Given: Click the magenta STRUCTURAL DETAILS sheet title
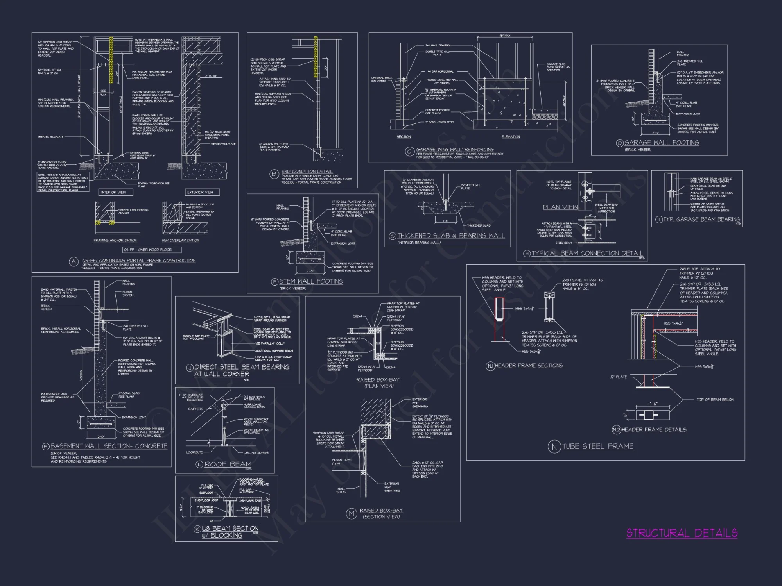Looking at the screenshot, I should pyautogui.click(x=682, y=533).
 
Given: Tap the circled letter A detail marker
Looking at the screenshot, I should pyautogui.click(x=74, y=262).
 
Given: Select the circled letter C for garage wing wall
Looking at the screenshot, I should pyautogui.click(x=409, y=152).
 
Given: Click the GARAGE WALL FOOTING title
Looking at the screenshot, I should pyautogui.click(x=662, y=143).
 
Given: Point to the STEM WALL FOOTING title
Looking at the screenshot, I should pyautogui.click(x=311, y=281).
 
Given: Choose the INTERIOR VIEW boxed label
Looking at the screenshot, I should pyautogui.click(x=113, y=192).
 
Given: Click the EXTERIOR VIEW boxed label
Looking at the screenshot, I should pyautogui.click(x=200, y=192).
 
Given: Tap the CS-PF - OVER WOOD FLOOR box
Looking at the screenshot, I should pyautogui.click(x=152, y=250).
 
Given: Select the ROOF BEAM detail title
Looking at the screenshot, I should pyautogui.click(x=228, y=464).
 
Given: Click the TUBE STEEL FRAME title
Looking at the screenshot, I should pyautogui.click(x=598, y=446).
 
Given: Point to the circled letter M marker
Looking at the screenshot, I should pyautogui.click(x=352, y=514).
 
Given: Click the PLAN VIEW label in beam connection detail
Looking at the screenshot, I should pyautogui.click(x=560, y=207).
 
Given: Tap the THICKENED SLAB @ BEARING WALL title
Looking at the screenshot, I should pyautogui.click(x=451, y=236).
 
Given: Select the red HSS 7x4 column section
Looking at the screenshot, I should pyautogui.click(x=499, y=309).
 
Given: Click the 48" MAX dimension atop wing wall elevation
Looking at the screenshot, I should pyautogui.click(x=505, y=36).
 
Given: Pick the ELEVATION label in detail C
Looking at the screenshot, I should pyautogui.click(x=511, y=137).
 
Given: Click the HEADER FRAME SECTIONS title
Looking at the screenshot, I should pyautogui.click(x=529, y=366).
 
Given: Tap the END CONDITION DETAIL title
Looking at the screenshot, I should pyautogui.click(x=307, y=171).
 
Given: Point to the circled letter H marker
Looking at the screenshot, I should pyautogui.click(x=527, y=254).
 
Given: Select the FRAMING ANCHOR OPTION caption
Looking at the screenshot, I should pyautogui.click(x=115, y=240).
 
